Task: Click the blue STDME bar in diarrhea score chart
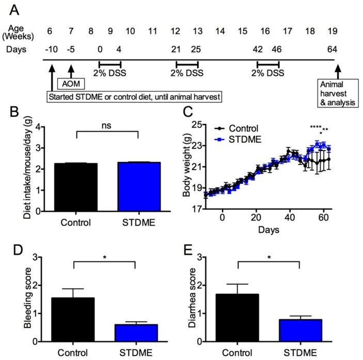tap(299, 330)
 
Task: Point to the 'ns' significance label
tap(107, 126)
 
